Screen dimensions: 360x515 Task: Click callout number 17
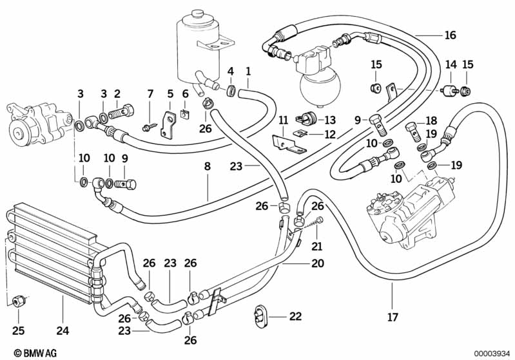coord(392,317)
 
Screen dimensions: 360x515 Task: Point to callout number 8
coord(207,166)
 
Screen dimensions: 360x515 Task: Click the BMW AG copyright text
coord(26,352)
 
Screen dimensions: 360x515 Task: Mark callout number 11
coord(282,120)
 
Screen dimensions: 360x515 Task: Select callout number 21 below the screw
coord(316,245)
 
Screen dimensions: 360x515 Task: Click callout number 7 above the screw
coord(150,94)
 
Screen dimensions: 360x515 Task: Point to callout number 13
coord(329,120)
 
